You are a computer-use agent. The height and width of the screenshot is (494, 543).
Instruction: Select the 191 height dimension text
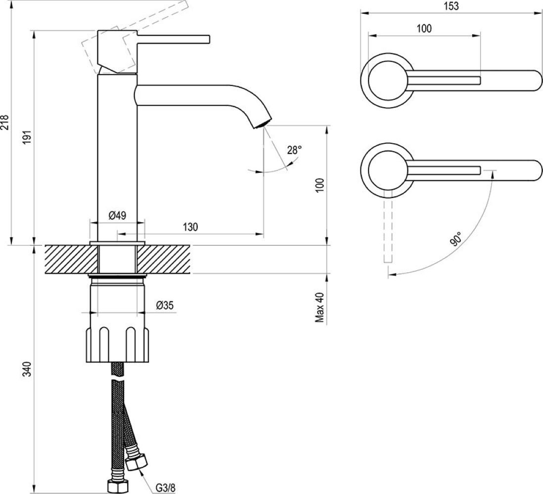pyautogui.click(x=28, y=138)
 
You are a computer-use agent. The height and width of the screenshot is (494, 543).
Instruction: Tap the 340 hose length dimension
pyautogui.click(x=28, y=369)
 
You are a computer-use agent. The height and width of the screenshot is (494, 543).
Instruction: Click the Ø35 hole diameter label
pyautogui.click(x=164, y=306)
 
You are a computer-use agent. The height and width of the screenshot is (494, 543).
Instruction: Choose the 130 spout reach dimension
pyautogui.click(x=190, y=227)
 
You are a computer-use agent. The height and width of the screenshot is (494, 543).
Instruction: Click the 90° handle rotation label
pyautogui.click(x=456, y=239)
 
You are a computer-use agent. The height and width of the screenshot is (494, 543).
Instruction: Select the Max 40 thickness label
pyautogui.click(x=320, y=307)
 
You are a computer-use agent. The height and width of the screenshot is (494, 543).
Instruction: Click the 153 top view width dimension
pyautogui.click(x=451, y=6)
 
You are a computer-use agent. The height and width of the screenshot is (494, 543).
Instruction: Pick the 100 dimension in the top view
pyautogui.click(x=424, y=28)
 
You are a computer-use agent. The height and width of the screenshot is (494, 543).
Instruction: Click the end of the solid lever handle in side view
pyautogui.click(x=208, y=39)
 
